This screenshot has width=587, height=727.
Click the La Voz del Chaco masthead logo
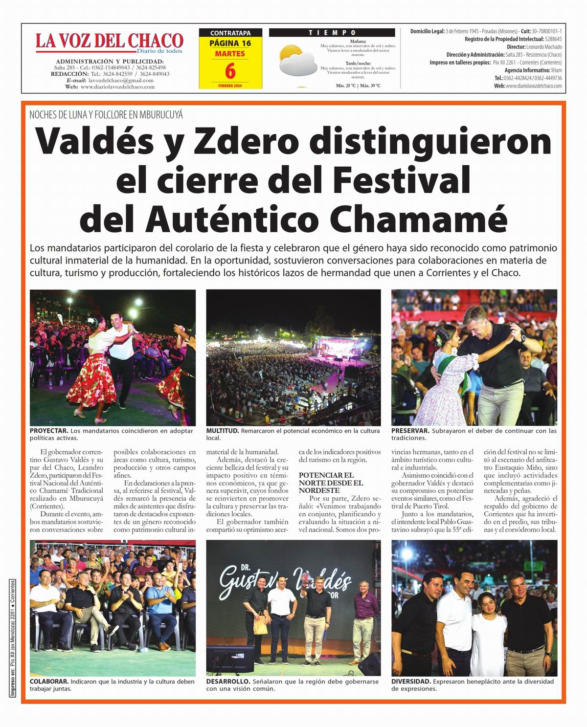(109, 42)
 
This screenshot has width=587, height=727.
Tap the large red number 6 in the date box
(230, 71)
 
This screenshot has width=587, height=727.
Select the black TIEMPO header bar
(332, 33)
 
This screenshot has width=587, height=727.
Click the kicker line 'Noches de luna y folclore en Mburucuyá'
(106, 115)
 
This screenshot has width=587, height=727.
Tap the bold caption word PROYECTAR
(49, 431)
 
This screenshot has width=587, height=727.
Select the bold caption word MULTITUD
(222, 431)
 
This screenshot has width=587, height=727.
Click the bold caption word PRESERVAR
(410, 431)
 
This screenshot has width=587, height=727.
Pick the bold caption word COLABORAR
(49, 681)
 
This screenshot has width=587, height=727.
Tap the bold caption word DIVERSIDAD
(411, 681)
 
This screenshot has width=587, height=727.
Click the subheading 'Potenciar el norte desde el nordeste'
(331, 483)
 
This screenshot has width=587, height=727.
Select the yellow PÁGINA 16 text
(230, 43)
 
